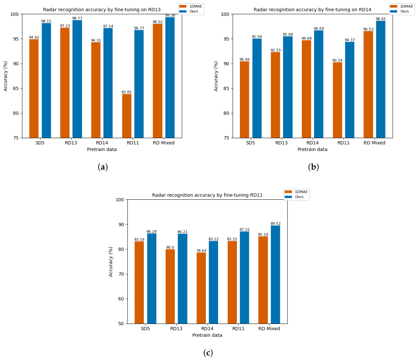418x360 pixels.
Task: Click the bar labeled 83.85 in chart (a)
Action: tap(127, 116)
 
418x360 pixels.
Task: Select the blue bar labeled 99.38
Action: tap(170, 77)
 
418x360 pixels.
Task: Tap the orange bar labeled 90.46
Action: tap(245, 100)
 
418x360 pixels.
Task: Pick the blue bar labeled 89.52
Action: tap(275, 275)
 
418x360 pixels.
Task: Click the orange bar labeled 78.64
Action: tap(201, 288)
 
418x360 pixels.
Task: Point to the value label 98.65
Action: tap(381, 19)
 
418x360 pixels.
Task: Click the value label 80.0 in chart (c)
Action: tap(170, 247)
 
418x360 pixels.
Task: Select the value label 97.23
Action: tap(65, 26)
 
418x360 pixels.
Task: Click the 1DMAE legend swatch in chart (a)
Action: tap(183, 6)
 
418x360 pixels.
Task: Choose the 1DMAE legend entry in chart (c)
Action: tap(296, 192)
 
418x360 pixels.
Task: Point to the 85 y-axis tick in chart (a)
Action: tap(16, 88)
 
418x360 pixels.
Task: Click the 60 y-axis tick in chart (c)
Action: tap(121, 299)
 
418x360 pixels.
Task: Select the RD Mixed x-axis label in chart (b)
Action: tap(374, 143)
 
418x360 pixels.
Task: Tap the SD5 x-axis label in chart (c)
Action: tap(145, 329)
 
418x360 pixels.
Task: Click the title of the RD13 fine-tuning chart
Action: tap(102, 10)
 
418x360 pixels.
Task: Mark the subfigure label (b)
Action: tap(313, 167)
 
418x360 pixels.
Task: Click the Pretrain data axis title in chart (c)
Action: tap(207, 335)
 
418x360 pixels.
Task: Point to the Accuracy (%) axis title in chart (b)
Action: tap(216, 76)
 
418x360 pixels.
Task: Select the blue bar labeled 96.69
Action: tap(318, 84)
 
